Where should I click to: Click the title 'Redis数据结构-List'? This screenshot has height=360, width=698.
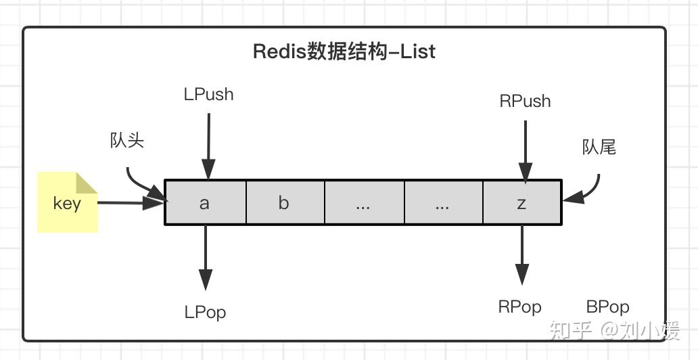pyautogui.click(x=344, y=51)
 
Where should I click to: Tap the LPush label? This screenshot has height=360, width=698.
pyautogui.click(x=208, y=95)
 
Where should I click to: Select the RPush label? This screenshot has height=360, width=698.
pyautogui.click(x=525, y=102)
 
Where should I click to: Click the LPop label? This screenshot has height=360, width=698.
pyautogui.click(x=205, y=312)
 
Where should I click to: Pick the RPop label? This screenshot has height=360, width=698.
pyautogui.click(x=519, y=307)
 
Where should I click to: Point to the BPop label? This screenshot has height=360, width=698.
pyautogui.click(x=607, y=307)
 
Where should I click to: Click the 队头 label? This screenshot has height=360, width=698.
pyautogui.click(x=127, y=141)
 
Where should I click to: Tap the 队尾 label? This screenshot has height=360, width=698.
pyautogui.click(x=599, y=147)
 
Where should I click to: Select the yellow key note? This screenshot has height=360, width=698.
pyautogui.click(x=68, y=203)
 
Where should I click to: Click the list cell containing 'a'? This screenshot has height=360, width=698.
pyautogui.click(x=206, y=202)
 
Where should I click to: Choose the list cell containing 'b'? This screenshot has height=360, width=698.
pyautogui.click(x=285, y=202)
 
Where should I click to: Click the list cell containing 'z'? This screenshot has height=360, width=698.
pyautogui.click(x=521, y=202)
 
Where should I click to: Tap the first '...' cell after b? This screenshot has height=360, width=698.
pyautogui.click(x=364, y=202)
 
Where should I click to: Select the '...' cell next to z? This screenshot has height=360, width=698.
pyautogui.click(x=443, y=202)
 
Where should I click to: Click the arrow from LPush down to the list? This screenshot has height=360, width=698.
pyautogui.click(x=208, y=145)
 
